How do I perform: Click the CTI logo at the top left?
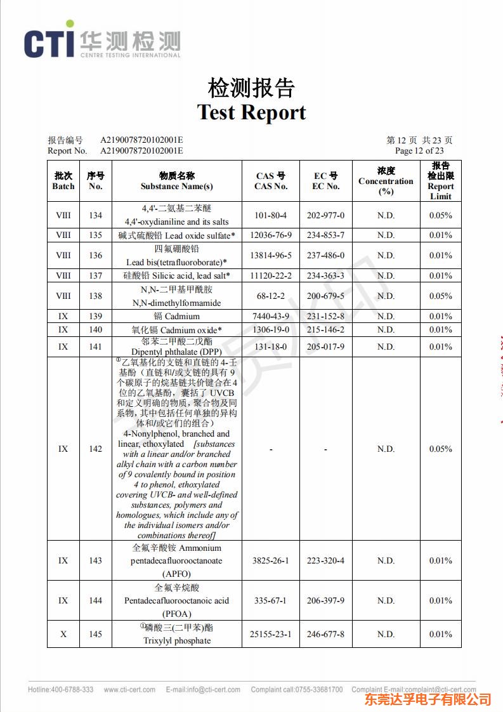click(101, 43)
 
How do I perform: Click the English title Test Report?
click(251, 112)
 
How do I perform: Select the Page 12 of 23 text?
click(419, 151)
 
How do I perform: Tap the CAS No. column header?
click(271, 181)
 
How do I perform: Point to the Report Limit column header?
click(440, 181)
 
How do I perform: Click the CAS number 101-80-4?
click(271, 215)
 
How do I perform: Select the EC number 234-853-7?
click(325, 235)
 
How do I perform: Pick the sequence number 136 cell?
click(95, 256)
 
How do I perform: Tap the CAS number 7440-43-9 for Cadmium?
click(271, 317)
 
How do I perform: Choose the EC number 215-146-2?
click(325, 330)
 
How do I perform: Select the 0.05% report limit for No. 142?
click(440, 449)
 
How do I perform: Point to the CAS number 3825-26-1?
click(271, 561)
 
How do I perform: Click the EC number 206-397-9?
click(325, 601)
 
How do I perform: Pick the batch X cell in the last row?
click(63, 635)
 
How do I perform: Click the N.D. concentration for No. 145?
click(386, 635)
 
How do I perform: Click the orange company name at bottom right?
click(428, 699)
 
